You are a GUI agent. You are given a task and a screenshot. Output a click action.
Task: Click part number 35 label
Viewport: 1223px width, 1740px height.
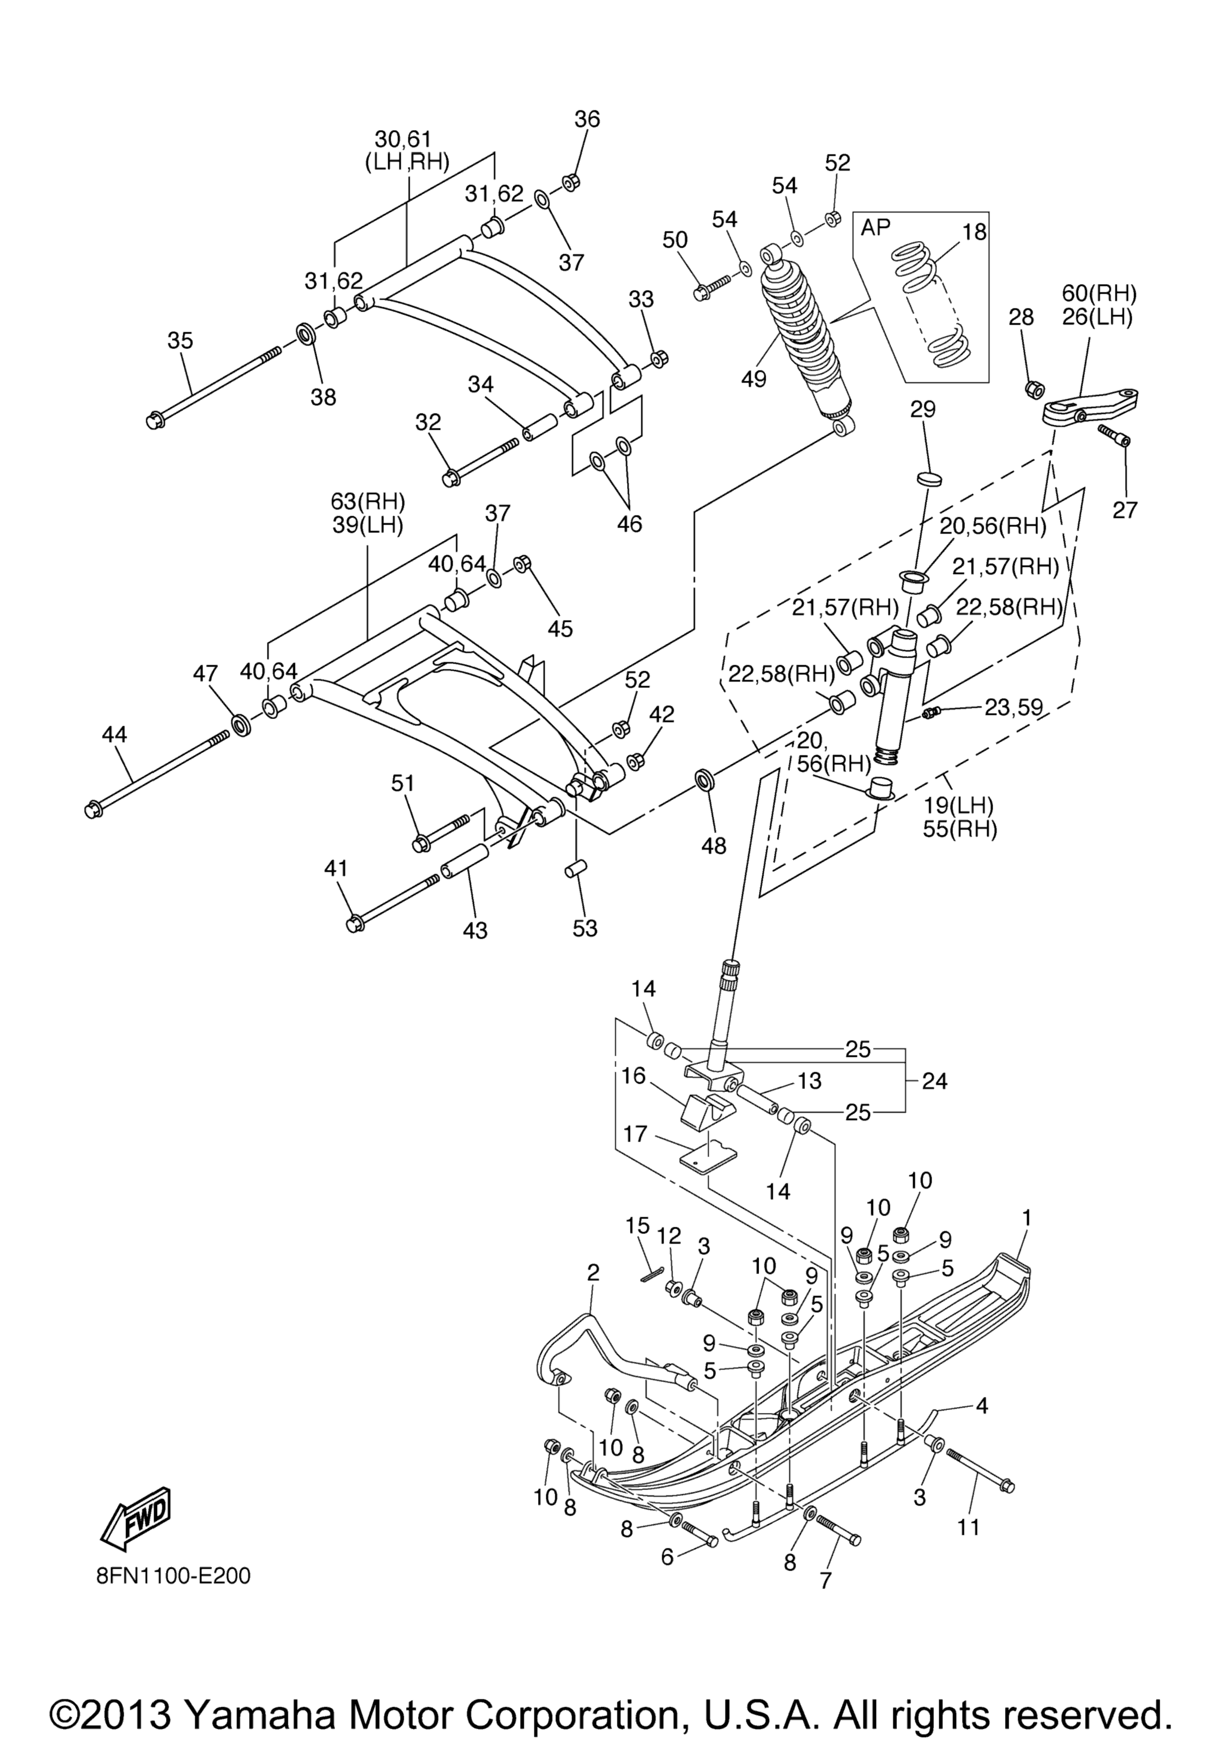click(180, 341)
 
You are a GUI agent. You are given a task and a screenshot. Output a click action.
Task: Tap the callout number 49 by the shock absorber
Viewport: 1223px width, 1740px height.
click(754, 379)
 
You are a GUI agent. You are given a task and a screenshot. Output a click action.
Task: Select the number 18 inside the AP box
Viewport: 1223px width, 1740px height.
click(975, 232)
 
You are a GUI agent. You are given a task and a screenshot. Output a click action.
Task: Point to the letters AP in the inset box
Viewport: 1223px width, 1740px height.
click(875, 227)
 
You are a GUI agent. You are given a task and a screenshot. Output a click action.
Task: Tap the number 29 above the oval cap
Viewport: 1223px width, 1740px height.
click(923, 409)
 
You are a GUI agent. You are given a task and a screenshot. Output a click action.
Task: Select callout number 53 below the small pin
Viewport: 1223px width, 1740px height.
click(585, 928)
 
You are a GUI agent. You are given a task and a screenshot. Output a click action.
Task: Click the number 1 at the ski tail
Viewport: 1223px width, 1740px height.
click(1027, 1218)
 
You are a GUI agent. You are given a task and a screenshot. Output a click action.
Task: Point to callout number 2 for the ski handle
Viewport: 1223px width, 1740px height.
click(593, 1272)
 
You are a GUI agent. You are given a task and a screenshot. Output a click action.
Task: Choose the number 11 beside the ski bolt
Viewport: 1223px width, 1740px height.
click(968, 1527)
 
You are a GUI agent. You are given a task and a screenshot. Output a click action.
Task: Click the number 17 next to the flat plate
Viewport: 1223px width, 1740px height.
click(635, 1134)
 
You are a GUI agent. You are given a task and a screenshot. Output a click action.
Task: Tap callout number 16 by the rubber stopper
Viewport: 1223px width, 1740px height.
click(633, 1075)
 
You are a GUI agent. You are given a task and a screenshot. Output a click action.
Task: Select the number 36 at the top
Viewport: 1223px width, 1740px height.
click(587, 119)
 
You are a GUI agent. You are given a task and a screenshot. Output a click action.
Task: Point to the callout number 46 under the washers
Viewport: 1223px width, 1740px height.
click(629, 524)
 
